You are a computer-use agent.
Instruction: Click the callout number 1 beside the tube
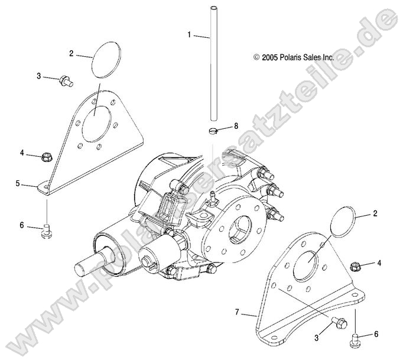click(x=190, y=35)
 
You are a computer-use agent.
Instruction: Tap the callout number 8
click(x=236, y=125)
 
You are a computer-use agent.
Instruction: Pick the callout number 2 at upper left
click(x=71, y=54)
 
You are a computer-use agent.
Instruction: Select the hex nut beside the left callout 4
click(x=47, y=157)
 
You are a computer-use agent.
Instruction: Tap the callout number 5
click(x=18, y=184)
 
